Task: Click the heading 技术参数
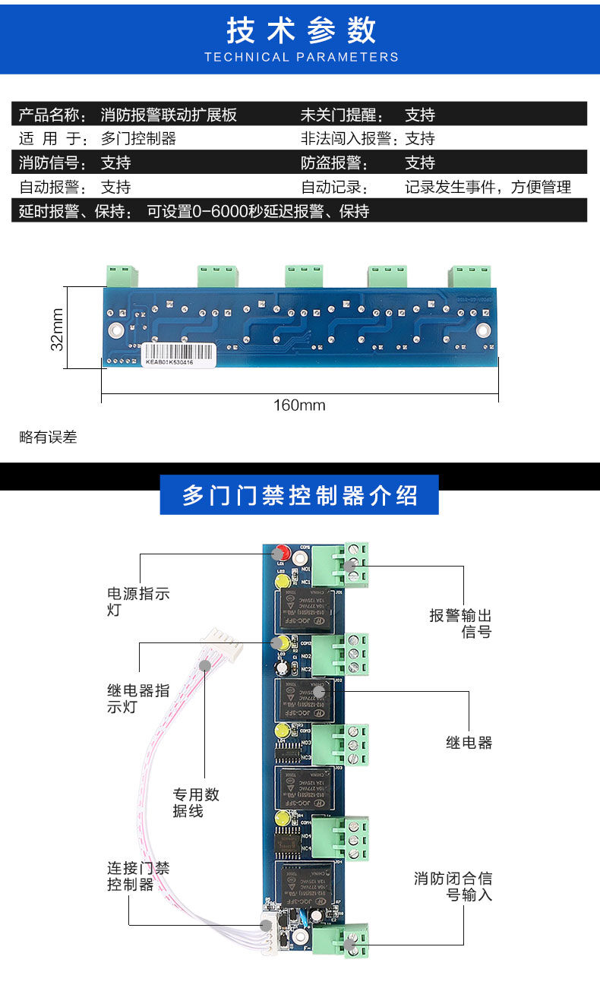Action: click(x=301, y=30)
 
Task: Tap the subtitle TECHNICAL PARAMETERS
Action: click(x=301, y=57)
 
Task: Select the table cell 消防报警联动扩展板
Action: click(x=169, y=115)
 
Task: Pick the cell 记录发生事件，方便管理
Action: click(x=488, y=187)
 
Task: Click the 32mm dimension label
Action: click(x=57, y=327)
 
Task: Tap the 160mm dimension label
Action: click(x=299, y=405)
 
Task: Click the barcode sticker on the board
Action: click(x=180, y=353)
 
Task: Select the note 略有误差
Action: click(x=48, y=437)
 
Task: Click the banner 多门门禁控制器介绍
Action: click(x=299, y=496)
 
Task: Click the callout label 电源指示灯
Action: click(x=137, y=601)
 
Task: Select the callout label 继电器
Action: click(x=469, y=743)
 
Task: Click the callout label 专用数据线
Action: click(x=195, y=803)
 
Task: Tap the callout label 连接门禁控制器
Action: click(x=137, y=876)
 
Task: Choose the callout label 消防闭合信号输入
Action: click(x=453, y=886)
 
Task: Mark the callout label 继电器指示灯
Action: click(x=137, y=699)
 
